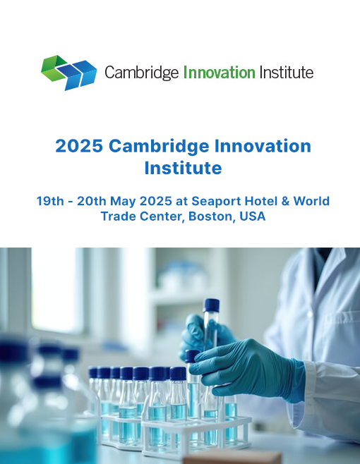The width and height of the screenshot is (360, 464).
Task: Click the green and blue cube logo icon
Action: pos(68,73)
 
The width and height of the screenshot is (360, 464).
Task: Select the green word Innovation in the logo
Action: pos(219,73)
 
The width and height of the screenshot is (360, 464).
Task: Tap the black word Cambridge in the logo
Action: pos(142,73)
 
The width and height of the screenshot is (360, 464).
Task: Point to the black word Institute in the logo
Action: pos(286,73)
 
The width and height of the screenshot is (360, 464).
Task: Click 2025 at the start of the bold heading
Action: pos(79,146)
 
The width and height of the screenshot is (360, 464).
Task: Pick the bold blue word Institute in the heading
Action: pos(183,168)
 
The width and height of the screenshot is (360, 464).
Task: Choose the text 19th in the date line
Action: pos(50,201)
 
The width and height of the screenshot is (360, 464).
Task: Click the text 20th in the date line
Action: pos(92,201)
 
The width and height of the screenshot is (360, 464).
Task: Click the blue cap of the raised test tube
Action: pos(211,305)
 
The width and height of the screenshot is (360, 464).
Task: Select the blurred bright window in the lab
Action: pos(57,290)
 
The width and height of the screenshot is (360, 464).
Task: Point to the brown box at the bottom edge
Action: pos(232,458)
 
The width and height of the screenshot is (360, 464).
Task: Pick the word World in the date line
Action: pos(311,201)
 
